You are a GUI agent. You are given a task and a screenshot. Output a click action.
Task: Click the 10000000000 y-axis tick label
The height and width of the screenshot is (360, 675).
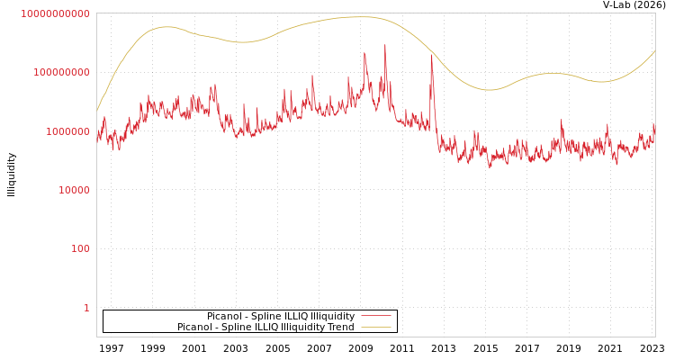55,13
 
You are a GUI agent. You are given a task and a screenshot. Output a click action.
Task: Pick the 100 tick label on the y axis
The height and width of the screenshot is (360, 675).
80,248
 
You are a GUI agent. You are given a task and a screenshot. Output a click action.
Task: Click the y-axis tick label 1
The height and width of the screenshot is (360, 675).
86,308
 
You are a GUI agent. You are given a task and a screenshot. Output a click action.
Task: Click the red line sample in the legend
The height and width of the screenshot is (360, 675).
375,317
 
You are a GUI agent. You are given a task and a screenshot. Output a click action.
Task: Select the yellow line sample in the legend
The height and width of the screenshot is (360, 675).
375,328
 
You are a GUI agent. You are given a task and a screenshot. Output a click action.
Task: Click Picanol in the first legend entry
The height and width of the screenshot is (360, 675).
223,317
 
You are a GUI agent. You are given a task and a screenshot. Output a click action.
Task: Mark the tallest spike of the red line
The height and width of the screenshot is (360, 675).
385,45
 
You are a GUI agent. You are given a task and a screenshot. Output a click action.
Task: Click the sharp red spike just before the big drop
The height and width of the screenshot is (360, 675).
432,57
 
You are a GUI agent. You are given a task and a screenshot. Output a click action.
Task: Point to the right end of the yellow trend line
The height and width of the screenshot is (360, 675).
654,51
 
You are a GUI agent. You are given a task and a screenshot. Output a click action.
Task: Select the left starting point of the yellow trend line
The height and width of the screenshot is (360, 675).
97,110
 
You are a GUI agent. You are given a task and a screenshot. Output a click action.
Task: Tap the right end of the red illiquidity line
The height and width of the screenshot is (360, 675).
654,126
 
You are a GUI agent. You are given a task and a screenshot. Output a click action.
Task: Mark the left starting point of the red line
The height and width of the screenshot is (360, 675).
97,135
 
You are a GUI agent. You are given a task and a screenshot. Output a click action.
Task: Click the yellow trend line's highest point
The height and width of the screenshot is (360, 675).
360,17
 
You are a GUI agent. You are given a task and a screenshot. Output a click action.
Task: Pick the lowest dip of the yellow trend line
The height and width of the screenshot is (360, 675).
489,90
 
